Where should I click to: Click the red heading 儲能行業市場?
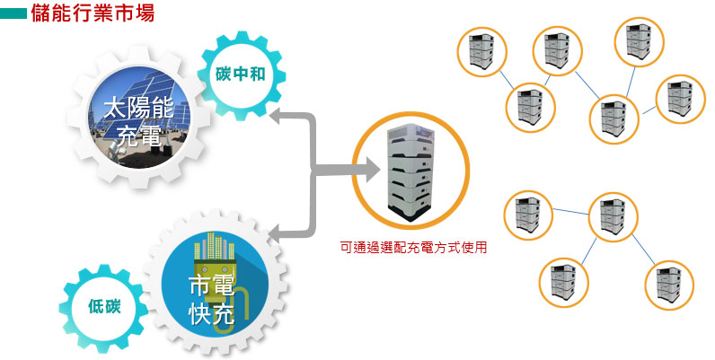(x=93, y=13)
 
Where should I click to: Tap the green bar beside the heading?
(x=13, y=14)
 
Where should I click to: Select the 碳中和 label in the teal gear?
(x=241, y=74)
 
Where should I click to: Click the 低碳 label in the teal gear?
(x=104, y=307)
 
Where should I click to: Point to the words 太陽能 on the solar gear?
(x=138, y=109)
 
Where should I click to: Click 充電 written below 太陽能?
(x=138, y=135)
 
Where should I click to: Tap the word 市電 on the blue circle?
(x=211, y=286)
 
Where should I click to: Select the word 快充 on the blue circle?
(x=211, y=313)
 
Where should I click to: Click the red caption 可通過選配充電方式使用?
(x=413, y=248)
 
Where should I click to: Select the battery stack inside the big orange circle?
(x=410, y=171)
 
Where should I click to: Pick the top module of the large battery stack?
(x=410, y=134)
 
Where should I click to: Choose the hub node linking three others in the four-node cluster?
(x=613, y=217)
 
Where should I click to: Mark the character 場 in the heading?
(x=145, y=13)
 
